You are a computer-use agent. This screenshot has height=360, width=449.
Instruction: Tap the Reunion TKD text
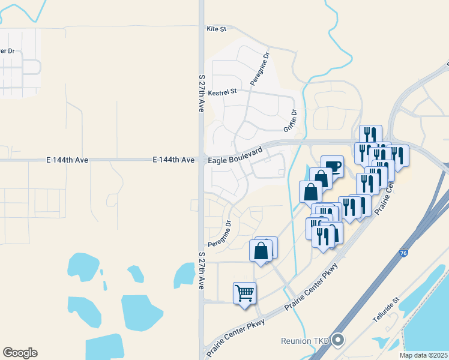pyautogui.click(x=306, y=341)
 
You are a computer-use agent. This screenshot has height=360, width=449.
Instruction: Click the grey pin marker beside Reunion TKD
pyautogui.click(x=338, y=340)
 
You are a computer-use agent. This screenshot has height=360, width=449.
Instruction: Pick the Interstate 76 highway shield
pyautogui.click(x=402, y=254)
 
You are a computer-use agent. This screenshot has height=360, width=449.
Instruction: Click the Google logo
pyautogui.click(x=20, y=353)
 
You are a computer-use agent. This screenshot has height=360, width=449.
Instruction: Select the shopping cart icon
pyautogui.click(x=244, y=293)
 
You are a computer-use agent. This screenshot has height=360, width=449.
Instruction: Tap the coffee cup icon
pyautogui.click(x=332, y=166)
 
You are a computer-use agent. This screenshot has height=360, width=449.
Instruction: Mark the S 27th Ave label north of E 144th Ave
pyautogui.click(x=202, y=94)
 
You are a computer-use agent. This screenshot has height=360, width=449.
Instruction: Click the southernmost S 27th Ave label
pyautogui.click(x=202, y=271)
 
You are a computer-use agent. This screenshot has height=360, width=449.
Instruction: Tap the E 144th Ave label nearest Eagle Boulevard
pyautogui.click(x=173, y=160)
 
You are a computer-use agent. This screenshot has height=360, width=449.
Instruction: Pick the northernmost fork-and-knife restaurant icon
pyautogui.click(x=370, y=136)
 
